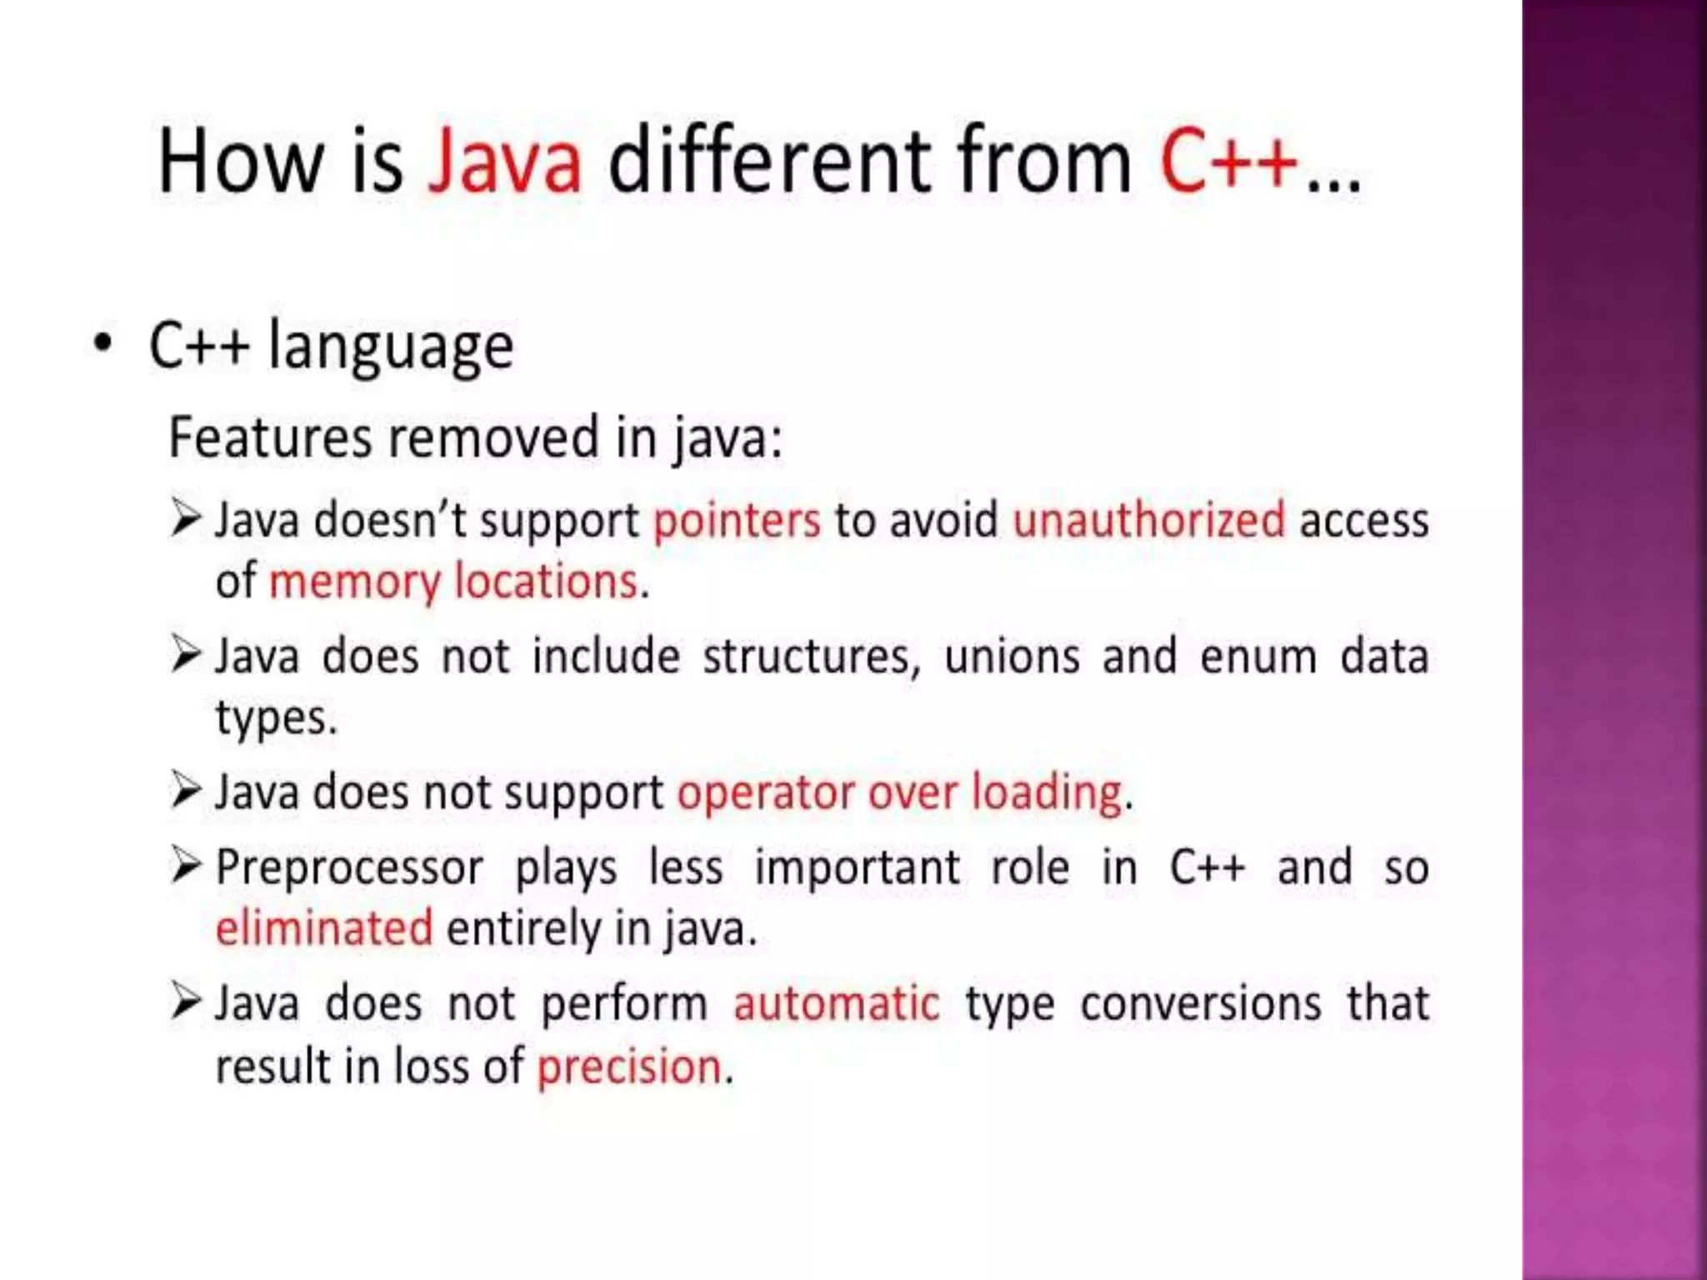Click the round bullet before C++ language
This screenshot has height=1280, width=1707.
pyautogui.click(x=103, y=343)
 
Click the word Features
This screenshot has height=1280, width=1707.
pyautogui.click(x=270, y=437)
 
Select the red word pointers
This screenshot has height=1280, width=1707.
pyautogui.click(x=737, y=522)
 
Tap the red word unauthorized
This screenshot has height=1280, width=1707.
pyautogui.click(x=1149, y=520)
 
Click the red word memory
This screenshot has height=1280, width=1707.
pyautogui.click(x=354, y=582)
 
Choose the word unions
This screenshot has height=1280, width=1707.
pyautogui.click(x=1012, y=657)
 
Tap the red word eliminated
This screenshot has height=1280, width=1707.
pyautogui.click(x=324, y=928)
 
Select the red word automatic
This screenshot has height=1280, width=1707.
pyautogui.click(x=836, y=1004)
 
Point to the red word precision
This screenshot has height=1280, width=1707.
pyautogui.click(x=629, y=1067)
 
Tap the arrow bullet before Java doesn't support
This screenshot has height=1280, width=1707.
pyautogui.click(x=186, y=517)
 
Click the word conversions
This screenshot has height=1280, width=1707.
pyautogui.click(x=1200, y=1004)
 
